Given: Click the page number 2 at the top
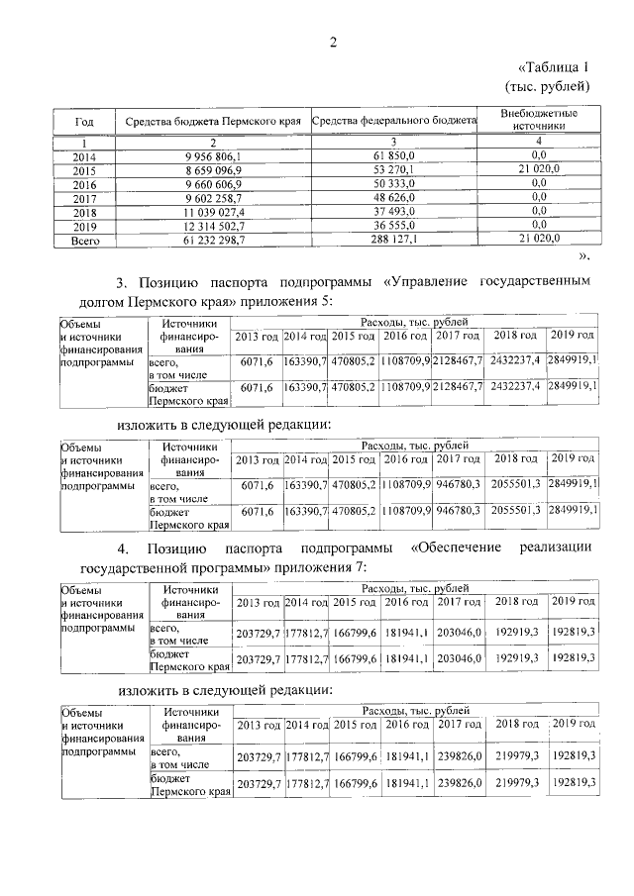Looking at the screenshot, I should click(x=334, y=42).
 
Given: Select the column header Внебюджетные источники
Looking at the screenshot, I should click(x=539, y=121).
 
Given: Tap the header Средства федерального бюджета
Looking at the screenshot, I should click(x=394, y=121).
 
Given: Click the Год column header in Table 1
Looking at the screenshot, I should click(x=84, y=121).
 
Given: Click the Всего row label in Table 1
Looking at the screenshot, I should click(x=84, y=239).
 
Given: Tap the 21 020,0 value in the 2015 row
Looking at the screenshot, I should click(x=539, y=169).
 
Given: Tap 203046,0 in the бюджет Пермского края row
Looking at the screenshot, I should click(x=460, y=658).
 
